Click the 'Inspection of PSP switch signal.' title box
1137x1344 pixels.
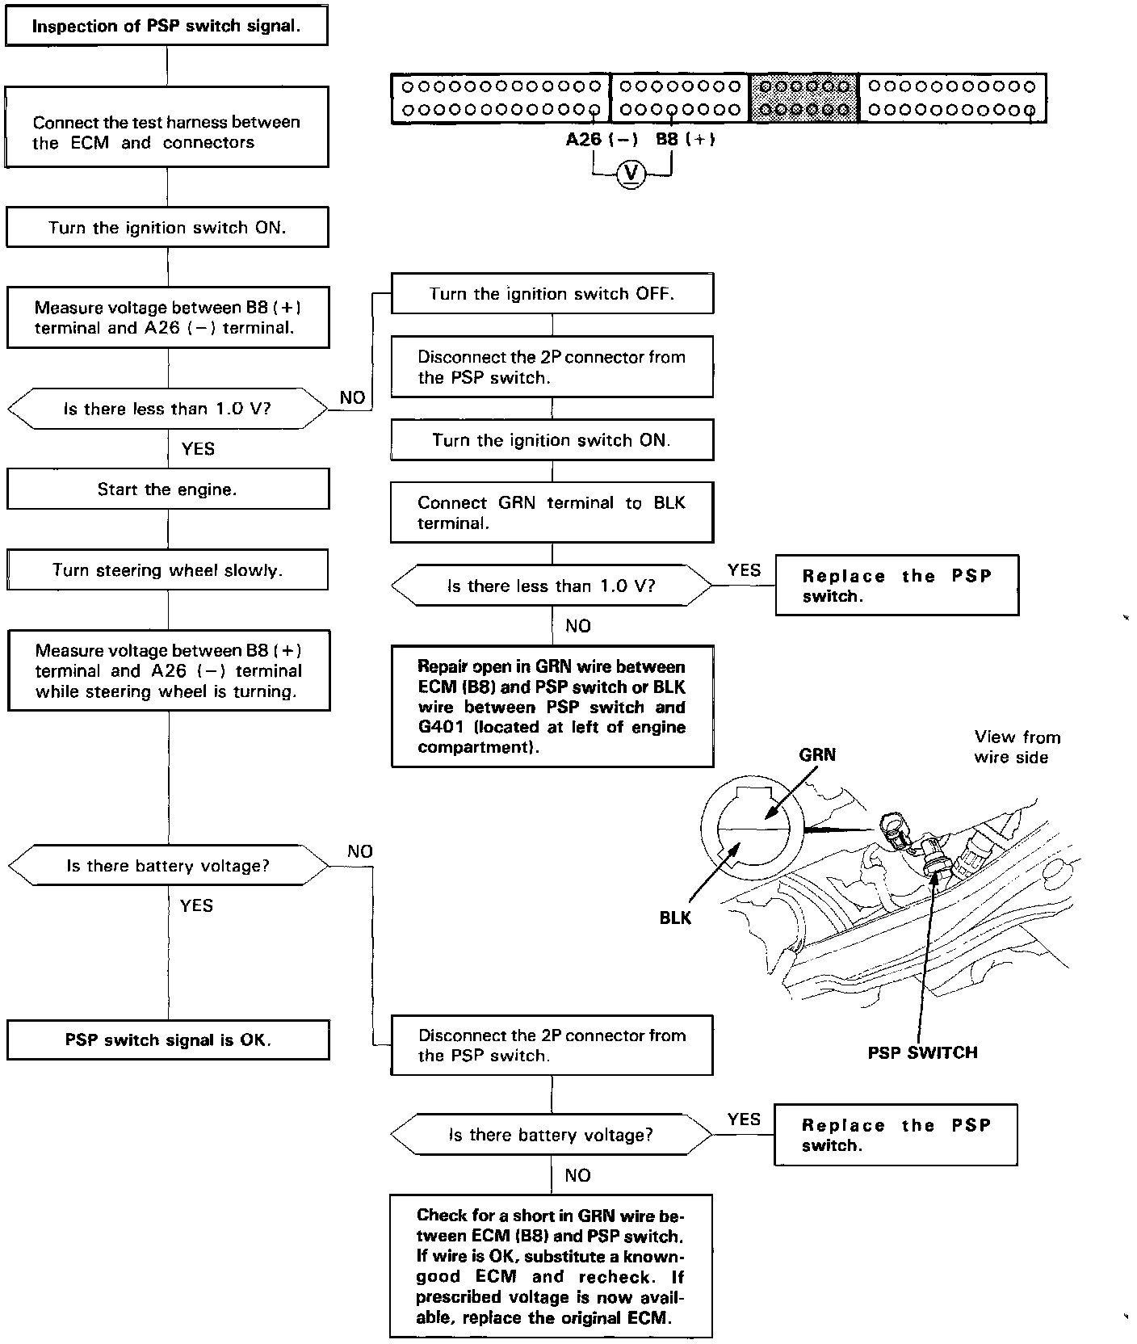pos(166,26)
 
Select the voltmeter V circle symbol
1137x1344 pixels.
pos(631,174)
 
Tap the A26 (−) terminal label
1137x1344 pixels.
pos(602,139)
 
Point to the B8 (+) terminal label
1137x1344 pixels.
pos(685,139)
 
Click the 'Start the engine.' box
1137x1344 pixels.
pos(168,489)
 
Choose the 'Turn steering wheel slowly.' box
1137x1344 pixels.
pos(168,570)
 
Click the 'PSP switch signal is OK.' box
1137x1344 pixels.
pos(168,1039)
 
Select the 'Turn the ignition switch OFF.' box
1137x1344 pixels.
pos(552,294)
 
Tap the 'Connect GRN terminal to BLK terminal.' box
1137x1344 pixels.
pos(552,513)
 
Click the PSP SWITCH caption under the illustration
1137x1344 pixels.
pos(922,1052)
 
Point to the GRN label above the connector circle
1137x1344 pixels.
pos(817,755)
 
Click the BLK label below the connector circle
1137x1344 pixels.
pos(675,918)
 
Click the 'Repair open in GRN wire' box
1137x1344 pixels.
pos(552,707)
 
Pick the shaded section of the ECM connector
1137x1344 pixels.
pos(804,99)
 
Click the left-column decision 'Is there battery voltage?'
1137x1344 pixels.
pos(168,867)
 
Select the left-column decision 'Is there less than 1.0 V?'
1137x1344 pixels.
pos(168,409)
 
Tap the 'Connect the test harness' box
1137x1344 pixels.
pos(167,132)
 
